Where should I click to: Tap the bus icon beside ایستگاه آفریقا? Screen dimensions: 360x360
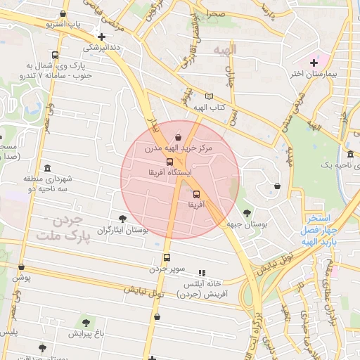coord(169,162)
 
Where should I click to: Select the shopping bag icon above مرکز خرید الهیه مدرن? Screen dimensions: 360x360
coord(178,138)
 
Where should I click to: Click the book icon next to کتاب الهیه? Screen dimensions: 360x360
coord(208,96)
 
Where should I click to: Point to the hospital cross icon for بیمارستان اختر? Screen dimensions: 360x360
coord(314,63)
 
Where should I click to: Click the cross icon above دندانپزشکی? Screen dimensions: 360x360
coord(102,37)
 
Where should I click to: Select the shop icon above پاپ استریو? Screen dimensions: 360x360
coord(64,13)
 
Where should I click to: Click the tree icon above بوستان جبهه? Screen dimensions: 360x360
coord(247,212)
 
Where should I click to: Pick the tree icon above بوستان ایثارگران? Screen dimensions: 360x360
coord(123,219)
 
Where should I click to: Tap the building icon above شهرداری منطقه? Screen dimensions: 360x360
coord(47,169)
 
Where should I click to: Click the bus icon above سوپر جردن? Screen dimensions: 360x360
coord(167,257)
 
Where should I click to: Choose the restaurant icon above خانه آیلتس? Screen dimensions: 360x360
coord(202,273)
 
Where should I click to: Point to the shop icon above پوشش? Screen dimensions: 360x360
coord(21,267)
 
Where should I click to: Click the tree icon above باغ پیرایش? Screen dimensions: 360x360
coord(86,322)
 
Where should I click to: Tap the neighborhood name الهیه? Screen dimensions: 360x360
coord(245,49)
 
